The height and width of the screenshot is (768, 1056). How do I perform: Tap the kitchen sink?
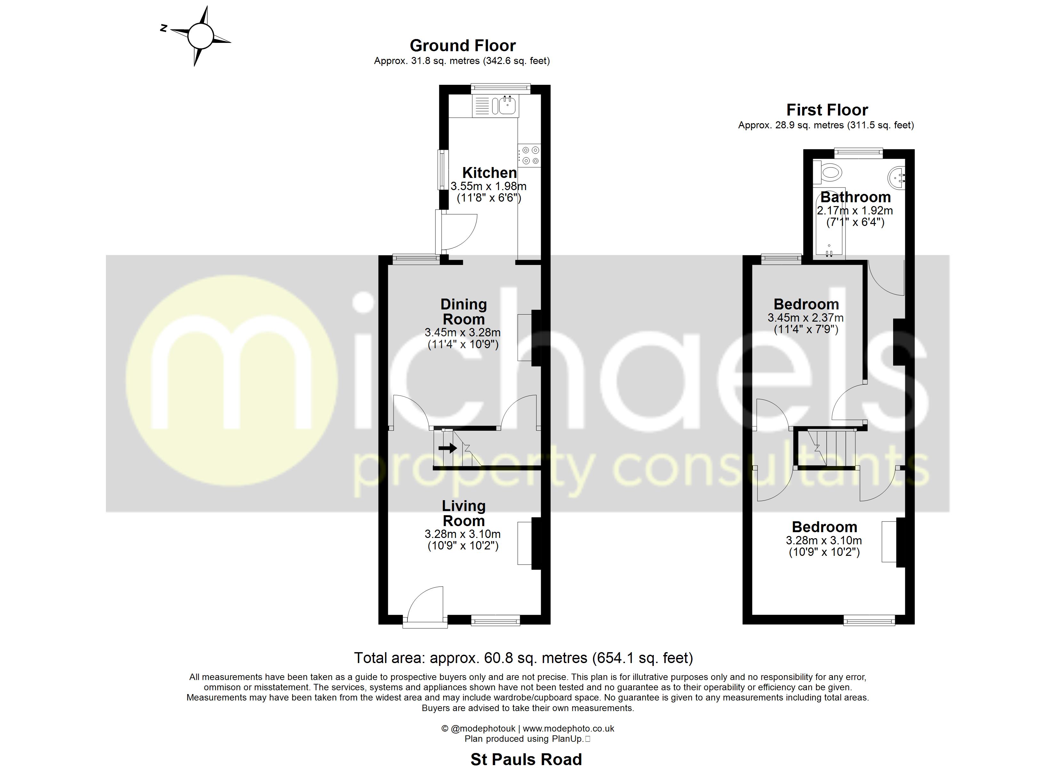[507, 106]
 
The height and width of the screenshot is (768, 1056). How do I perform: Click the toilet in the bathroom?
[829, 173]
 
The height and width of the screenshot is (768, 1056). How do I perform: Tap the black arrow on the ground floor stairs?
[447, 448]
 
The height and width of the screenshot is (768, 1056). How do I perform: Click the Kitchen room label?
[489, 173]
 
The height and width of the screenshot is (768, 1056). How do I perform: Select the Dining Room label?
[464, 312]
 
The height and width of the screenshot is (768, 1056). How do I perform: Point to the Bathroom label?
[855, 197]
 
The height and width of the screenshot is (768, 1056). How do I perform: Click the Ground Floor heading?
[462, 46]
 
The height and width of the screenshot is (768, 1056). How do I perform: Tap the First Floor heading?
[827, 110]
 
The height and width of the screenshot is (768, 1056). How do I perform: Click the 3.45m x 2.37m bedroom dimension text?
[805, 318]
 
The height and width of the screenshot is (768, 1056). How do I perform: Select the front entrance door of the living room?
[425, 605]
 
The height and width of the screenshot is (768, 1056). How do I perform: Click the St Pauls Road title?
[526, 759]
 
